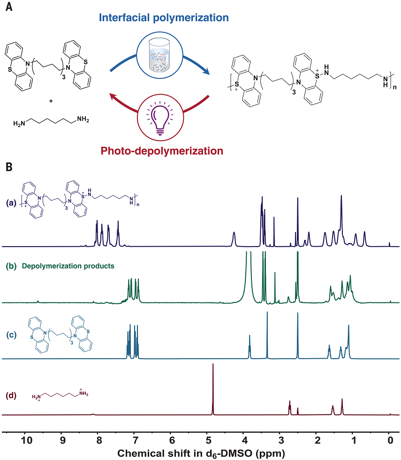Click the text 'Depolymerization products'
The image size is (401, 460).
click(x=68, y=266)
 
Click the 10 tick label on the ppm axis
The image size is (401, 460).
click(x=26, y=440)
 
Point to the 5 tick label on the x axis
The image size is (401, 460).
click(x=208, y=440)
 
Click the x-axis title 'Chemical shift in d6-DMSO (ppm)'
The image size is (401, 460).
click(x=200, y=453)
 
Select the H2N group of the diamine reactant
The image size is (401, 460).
click(x=20, y=123)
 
